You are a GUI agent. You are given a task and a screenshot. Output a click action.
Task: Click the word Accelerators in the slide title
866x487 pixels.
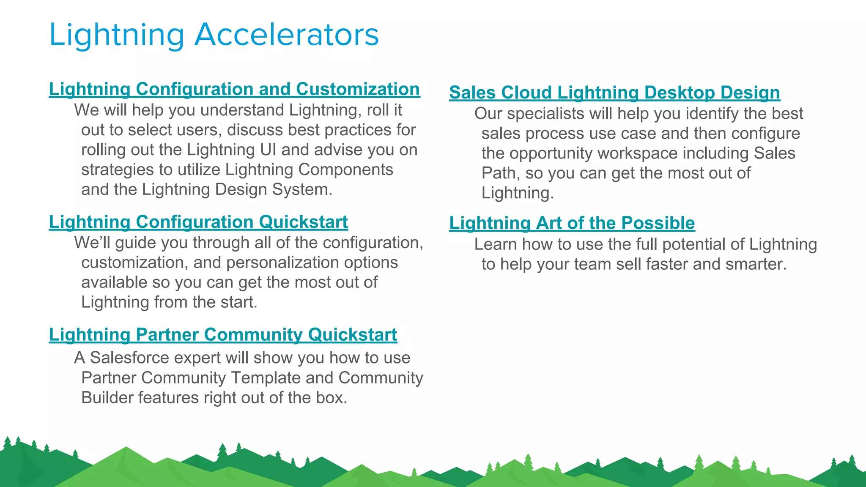(286, 35)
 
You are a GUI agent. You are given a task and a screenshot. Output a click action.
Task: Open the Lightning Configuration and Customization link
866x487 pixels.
(234, 89)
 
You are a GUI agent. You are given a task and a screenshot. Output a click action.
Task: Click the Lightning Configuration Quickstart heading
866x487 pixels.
(198, 222)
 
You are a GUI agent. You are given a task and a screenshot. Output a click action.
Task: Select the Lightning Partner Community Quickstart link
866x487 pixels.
(223, 335)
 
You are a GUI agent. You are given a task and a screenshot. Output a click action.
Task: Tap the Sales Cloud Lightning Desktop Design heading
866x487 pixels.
(614, 93)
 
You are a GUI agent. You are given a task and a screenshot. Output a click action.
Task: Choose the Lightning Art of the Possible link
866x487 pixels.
(572, 223)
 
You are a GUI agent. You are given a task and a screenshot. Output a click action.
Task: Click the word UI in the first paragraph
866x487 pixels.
(269, 150)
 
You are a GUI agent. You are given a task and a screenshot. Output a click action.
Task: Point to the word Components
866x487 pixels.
(345, 170)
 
